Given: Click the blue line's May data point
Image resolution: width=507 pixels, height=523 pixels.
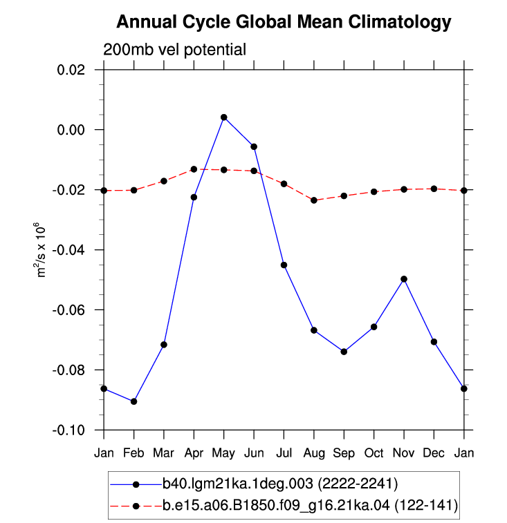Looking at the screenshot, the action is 224,117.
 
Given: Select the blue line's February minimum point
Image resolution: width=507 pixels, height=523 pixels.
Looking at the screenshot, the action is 133,401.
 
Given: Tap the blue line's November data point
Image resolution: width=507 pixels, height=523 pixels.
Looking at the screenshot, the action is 404,279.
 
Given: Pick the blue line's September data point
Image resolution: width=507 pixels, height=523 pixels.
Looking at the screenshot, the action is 344,352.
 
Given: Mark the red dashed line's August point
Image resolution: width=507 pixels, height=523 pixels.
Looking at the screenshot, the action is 314,200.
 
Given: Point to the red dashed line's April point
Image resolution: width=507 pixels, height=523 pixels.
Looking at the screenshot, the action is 194,169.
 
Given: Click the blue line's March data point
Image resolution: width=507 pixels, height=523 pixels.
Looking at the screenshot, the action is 164,345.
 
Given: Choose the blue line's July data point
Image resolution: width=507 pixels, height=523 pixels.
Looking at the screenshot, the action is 284,265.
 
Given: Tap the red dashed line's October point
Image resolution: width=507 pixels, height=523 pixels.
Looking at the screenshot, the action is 374,192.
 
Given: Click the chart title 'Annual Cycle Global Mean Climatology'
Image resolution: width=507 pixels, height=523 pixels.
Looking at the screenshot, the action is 284,22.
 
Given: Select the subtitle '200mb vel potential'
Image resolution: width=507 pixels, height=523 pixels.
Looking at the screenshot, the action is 175,50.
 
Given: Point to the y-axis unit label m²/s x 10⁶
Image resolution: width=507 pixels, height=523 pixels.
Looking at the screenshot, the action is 39,250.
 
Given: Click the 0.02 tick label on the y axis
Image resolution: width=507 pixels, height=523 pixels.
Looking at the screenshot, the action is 71,70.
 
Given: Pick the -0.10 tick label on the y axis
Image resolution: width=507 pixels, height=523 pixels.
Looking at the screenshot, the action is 68,430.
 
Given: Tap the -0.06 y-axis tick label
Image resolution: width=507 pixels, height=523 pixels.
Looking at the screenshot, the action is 68,310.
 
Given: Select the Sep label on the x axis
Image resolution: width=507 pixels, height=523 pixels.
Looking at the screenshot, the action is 344,454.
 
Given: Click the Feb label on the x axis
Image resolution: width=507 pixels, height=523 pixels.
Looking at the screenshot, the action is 133,453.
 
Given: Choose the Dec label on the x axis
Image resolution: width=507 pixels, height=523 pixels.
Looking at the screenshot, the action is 434,453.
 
